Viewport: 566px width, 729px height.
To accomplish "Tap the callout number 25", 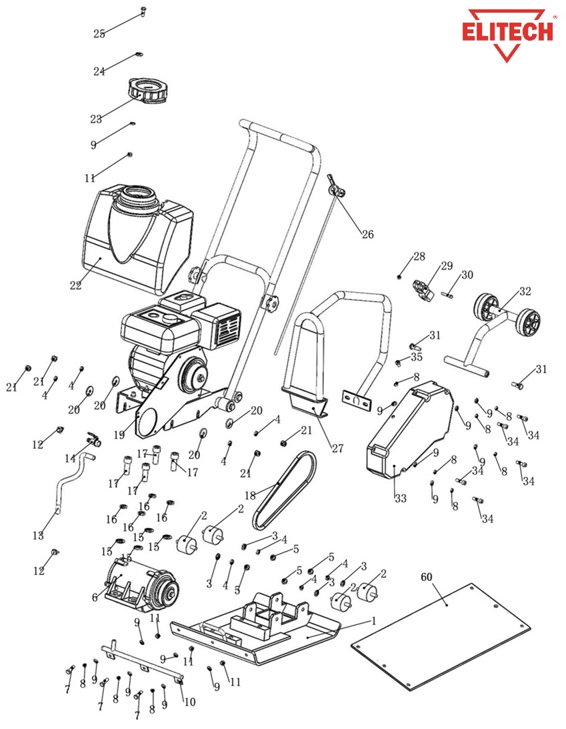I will click(99, 34).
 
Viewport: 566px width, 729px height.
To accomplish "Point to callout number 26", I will click(368, 234).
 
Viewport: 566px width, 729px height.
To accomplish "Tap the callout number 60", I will click(426, 575).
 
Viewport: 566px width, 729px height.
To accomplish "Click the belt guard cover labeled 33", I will click(407, 427).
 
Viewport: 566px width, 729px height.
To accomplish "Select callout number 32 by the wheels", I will click(525, 291).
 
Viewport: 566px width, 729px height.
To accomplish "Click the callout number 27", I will click(337, 448).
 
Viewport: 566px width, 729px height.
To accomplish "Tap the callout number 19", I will click(119, 435).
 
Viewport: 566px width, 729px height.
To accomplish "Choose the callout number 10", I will click(189, 702).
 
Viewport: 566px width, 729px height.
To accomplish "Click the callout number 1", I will click(373, 620).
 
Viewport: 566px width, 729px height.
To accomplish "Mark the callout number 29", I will click(446, 266).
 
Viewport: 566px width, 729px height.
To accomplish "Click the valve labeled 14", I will click(94, 439).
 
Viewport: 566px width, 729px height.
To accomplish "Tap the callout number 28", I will click(419, 256).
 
